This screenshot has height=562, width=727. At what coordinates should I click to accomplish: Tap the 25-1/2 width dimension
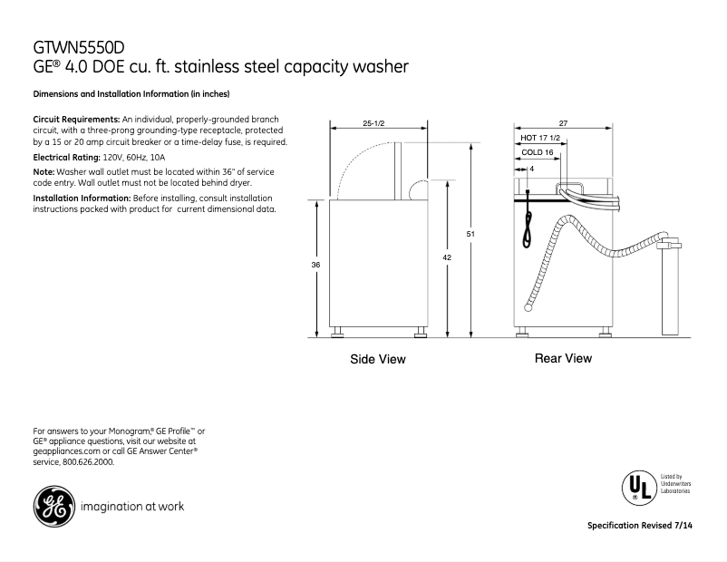373,122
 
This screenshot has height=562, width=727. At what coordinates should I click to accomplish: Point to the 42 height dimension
447,257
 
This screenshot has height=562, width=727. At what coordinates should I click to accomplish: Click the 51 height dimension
470,236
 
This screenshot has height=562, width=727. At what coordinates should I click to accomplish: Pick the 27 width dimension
562,122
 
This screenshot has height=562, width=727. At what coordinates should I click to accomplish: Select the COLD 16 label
538,153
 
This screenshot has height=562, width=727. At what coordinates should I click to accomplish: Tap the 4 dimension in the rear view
531,169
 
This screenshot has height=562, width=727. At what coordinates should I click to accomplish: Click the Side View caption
378,360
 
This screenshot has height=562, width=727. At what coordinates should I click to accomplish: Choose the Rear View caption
563,359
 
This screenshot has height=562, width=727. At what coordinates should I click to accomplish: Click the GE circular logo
53,506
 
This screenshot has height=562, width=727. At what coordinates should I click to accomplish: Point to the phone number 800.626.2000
88,462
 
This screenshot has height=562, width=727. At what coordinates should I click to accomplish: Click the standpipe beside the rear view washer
672,290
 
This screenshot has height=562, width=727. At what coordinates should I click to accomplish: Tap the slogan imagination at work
132,506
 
